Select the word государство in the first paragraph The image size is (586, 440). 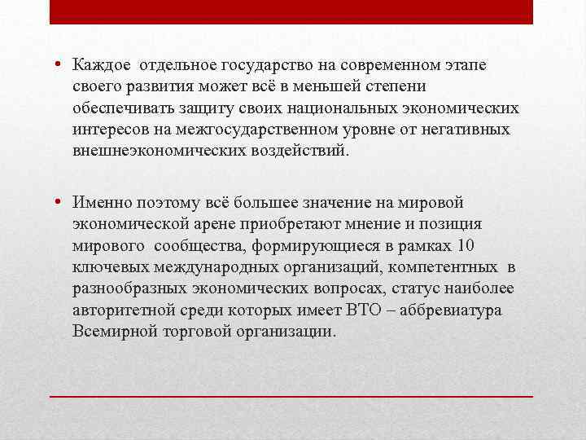point(256,64)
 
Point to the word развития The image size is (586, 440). point(149,86)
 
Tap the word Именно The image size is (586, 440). point(99,202)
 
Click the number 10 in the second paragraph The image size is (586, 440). point(465,246)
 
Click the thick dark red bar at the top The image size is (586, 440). point(291,12)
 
